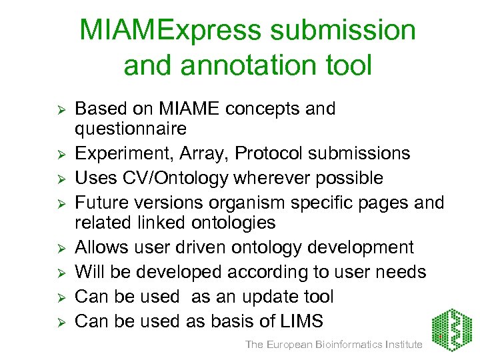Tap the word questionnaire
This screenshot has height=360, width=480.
(x=131, y=127)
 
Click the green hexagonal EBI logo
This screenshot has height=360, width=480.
(x=451, y=327)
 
